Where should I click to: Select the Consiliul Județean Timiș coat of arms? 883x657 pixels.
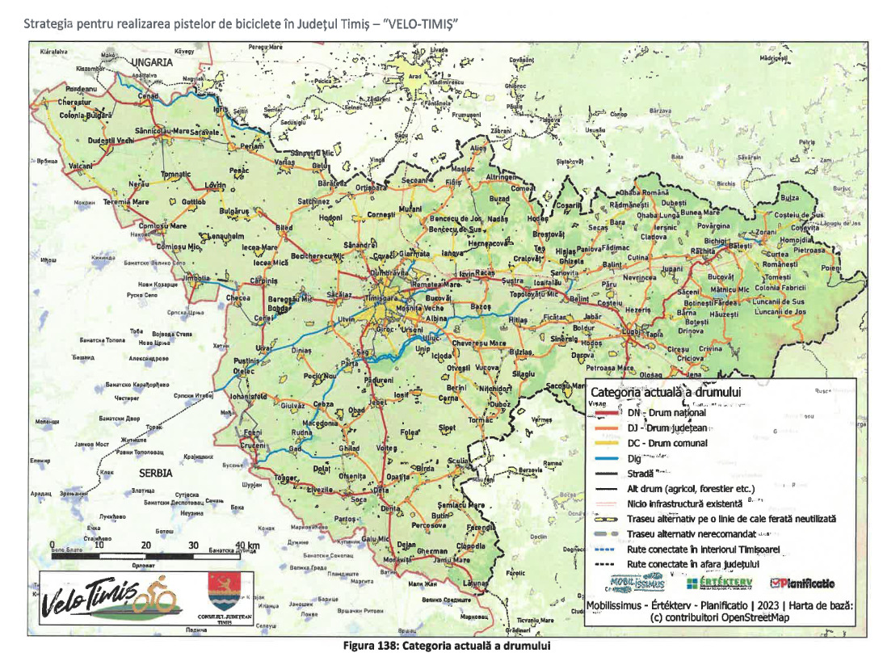point(224,594)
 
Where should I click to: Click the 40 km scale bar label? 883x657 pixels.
point(247,545)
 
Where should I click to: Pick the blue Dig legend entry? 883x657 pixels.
point(634,458)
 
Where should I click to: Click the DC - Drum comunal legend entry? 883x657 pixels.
point(667,443)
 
